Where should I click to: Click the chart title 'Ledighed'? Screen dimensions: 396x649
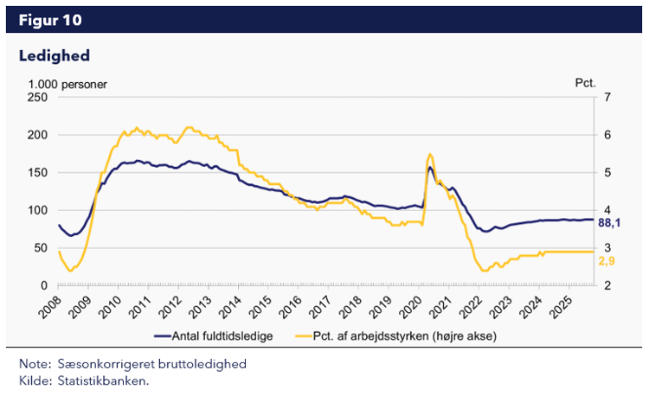click(55, 55)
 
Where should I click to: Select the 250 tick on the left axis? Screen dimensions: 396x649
click(37, 98)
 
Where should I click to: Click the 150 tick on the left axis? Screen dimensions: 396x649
click(37, 173)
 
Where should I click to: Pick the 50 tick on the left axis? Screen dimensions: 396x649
click(41, 248)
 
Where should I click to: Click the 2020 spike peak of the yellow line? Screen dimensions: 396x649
click(430, 154)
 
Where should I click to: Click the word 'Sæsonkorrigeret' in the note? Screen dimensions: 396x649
click(102, 364)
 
